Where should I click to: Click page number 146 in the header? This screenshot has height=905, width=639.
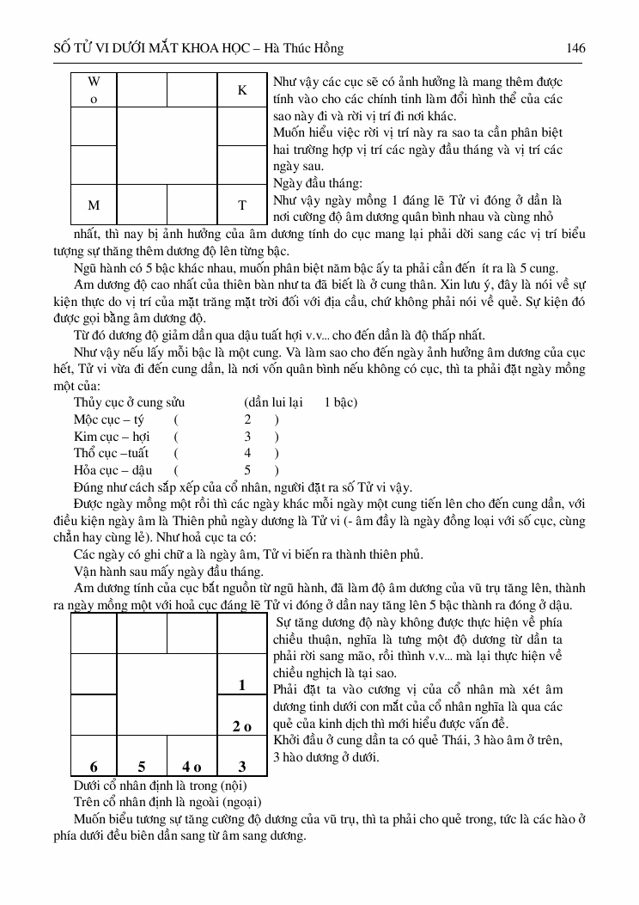click(576, 48)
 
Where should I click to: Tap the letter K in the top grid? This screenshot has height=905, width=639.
click(242, 90)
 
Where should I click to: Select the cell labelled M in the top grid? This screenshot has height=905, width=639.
click(94, 205)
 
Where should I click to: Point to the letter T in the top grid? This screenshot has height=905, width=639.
click(242, 205)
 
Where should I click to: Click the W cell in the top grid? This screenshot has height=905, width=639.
click(94, 89)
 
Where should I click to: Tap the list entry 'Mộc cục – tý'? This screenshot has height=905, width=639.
click(109, 419)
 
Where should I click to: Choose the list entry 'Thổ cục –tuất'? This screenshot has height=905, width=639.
click(112, 453)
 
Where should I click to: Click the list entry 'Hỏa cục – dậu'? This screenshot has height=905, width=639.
click(113, 470)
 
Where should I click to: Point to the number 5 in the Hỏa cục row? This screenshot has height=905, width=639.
click(247, 470)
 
